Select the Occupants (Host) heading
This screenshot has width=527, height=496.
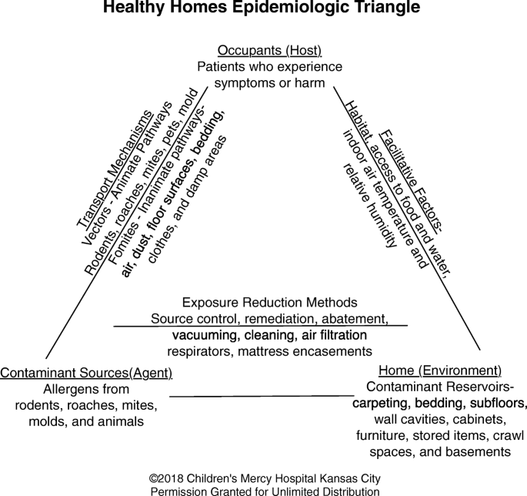[x=269, y=51]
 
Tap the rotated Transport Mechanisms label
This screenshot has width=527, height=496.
[x=115, y=169]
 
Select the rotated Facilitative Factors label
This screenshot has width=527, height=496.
[x=411, y=181]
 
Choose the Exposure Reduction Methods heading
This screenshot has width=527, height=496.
[x=269, y=303]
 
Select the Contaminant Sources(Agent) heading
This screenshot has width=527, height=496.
[x=86, y=373]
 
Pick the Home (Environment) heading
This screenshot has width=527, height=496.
[x=440, y=370]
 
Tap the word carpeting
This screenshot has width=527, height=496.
[x=381, y=404]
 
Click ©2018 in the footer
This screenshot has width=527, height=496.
[x=166, y=478]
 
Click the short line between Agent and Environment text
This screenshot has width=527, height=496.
[x=262, y=396]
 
